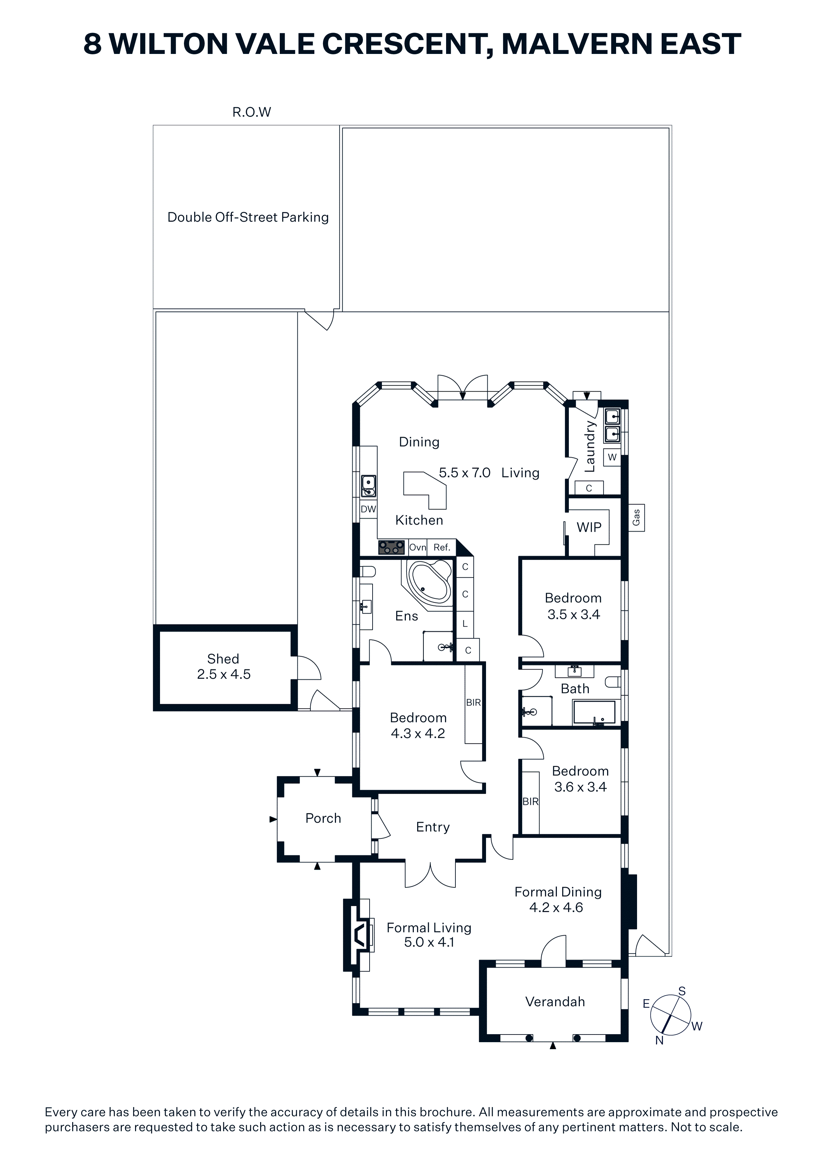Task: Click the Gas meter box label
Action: pyautogui.click(x=636, y=518)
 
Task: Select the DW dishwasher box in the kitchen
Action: pyautogui.click(x=369, y=509)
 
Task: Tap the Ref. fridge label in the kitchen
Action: pyautogui.click(x=442, y=547)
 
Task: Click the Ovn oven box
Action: pyautogui.click(x=418, y=547)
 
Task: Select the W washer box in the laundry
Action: pyautogui.click(x=612, y=457)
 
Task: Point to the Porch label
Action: pyautogui.click(x=323, y=818)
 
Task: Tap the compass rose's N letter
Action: pyautogui.click(x=659, y=1040)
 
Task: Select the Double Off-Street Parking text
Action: pyautogui.click(x=248, y=217)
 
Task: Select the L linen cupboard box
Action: pyautogui.click(x=465, y=624)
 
